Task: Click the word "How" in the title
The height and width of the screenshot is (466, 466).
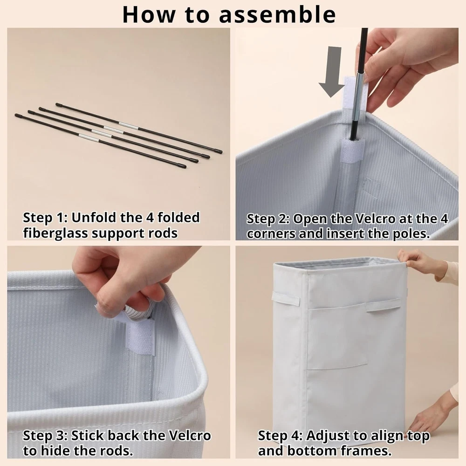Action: point(148,14)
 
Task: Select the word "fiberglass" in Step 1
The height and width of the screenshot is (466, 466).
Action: point(55,233)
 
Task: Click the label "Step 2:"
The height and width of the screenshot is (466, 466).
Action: point(268,219)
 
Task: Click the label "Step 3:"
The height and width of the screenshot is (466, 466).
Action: point(45,436)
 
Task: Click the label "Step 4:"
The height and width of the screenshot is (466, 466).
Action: point(280,436)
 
